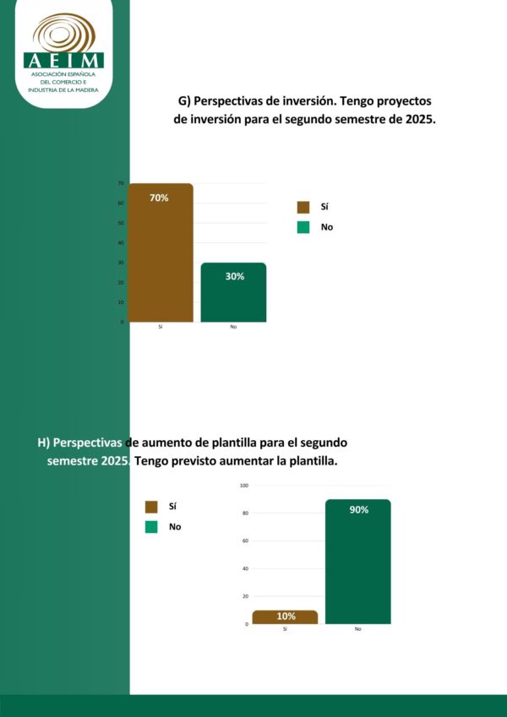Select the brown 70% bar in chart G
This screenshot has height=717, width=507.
(x=161, y=253)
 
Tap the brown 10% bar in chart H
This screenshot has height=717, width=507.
(x=285, y=617)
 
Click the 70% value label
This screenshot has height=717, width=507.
(x=160, y=198)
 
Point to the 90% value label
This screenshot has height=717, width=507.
(x=358, y=510)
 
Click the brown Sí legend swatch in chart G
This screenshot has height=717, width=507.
(x=303, y=207)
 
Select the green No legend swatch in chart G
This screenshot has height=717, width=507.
(x=303, y=227)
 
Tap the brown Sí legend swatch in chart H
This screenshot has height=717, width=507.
(x=151, y=507)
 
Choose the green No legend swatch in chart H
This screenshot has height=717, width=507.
(x=151, y=527)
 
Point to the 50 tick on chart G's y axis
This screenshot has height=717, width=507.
(x=121, y=223)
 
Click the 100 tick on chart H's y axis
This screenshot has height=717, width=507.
(x=244, y=486)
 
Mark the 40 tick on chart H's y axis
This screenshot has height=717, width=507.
(x=245, y=568)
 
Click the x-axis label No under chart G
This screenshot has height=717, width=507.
(x=233, y=327)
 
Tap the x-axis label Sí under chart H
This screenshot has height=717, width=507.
(x=285, y=629)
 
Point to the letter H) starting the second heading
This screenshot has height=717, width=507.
(x=43, y=443)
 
